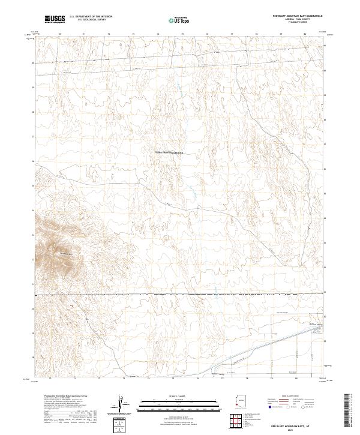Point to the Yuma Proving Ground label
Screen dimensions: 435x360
click(x=169, y=153)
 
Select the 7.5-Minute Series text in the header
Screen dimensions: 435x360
click(x=298, y=23)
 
